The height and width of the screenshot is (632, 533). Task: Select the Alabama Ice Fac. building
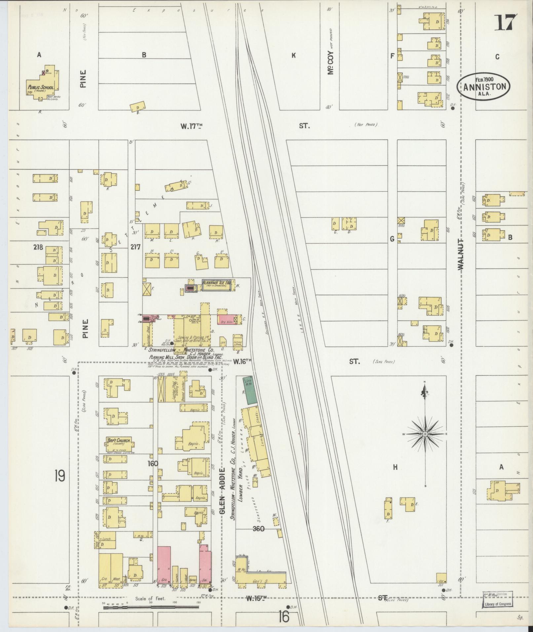216,285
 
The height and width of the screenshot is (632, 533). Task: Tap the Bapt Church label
119,440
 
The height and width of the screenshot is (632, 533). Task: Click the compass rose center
425,433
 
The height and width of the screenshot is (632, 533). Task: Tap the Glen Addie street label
222,496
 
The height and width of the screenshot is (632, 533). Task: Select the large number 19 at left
60,476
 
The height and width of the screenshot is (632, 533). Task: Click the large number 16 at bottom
284,616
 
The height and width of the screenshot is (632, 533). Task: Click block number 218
38,247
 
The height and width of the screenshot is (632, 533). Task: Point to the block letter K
293,56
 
